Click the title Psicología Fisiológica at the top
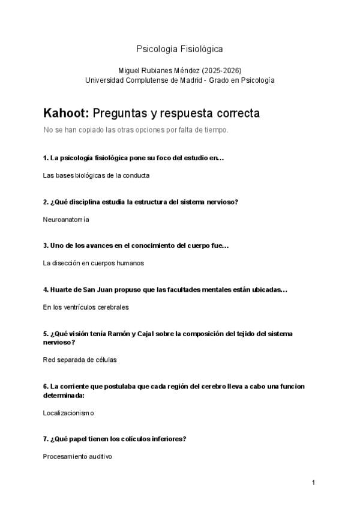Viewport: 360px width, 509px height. [180, 49]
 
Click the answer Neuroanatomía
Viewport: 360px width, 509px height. [66, 220]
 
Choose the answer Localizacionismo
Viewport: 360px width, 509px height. [68, 413]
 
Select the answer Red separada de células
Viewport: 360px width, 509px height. [80, 360]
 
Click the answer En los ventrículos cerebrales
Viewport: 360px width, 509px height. [86, 307]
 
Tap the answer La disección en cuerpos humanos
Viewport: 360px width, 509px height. [93, 263]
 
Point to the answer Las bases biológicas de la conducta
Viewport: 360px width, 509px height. [96, 175]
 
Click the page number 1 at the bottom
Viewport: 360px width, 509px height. [313, 483]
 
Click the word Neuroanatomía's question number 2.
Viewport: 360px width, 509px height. [46, 202]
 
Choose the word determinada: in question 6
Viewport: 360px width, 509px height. [63, 396]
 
